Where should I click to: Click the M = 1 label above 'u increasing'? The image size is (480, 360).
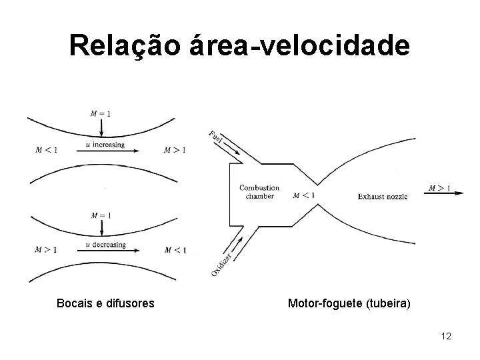click(x=100, y=113)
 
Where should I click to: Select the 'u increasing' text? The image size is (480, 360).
click(x=105, y=144)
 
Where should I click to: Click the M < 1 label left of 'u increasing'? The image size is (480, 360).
click(x=46, y=150)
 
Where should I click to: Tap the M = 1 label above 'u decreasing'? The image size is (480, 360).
click(x=100, y=215)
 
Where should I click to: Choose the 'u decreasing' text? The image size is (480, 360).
click(x=105, y=245)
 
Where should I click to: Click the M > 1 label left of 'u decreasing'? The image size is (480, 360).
click(x=46, y=250)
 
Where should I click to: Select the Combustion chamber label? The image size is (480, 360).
click(x=259, y=192)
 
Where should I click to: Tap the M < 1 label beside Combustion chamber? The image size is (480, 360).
click(x=303, y=195)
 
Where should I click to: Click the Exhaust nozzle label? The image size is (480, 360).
click(x=382, y=197)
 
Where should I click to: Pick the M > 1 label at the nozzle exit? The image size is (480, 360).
click(x=439, y=188)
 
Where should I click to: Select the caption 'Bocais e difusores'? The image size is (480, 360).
click(x=106, y=304)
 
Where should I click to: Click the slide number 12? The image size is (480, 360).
click(x=446, y=336)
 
